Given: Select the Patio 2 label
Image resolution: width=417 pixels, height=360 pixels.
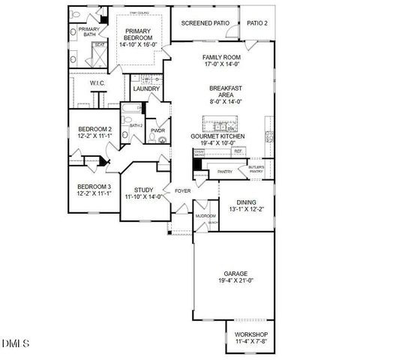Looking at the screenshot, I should [257, 22].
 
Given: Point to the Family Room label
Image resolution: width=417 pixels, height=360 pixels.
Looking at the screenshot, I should [221, 57].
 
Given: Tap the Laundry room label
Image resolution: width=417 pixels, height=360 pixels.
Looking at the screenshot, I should [147, 88].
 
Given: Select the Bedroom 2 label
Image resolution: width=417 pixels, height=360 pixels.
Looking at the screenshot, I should [94, 129].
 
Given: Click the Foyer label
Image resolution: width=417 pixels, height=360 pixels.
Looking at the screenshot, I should [183, 190].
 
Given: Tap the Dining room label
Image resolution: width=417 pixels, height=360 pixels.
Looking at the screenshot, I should [245, 202].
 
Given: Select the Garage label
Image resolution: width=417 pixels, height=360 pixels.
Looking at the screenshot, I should [235, 273].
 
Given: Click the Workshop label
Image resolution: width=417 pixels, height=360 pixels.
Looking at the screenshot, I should [250, 334].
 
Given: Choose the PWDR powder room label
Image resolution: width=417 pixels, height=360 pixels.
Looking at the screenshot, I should [157, 130].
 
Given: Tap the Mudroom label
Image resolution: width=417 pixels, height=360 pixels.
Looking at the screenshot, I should [205, 215].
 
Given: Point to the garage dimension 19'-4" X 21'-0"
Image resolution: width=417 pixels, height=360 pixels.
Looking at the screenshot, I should [235, 281].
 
